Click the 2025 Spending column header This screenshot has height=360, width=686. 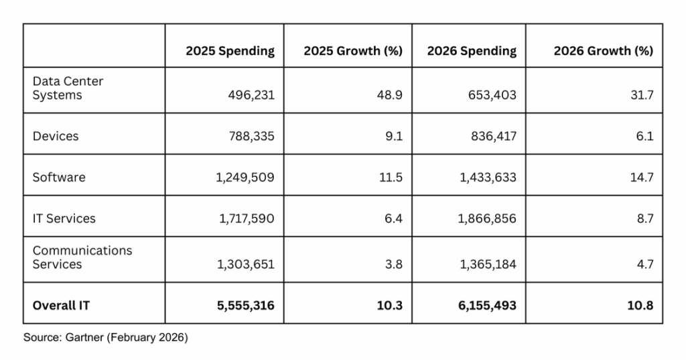pos(230,51)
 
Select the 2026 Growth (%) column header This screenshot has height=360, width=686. pos(603,51)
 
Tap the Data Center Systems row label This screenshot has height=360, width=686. pos(68,88)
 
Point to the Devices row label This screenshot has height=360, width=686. pos(56,136)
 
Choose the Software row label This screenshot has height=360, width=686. pos(59,177)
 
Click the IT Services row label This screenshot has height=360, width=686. pos(64,218)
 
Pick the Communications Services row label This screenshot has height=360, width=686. pos(82,257)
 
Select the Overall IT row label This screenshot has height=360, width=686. pos(61,305)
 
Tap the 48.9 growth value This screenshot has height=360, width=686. pos(390,95)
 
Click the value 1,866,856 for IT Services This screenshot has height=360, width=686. pos(488,218)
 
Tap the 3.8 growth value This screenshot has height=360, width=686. pos(393,264)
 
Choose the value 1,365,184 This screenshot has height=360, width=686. pos(488,264)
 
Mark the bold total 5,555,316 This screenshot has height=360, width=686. pos(245,305)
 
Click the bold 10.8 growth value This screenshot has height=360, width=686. pos(640,305)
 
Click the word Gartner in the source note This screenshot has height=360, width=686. pos(80,338)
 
